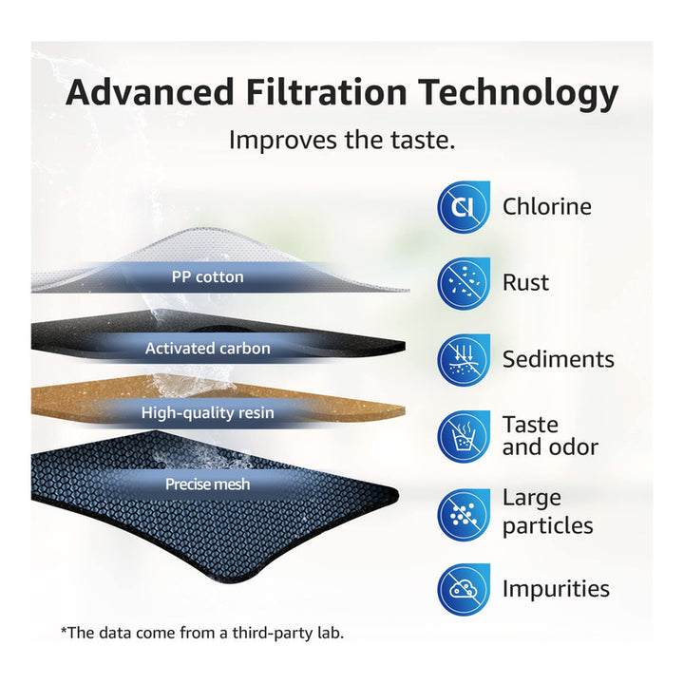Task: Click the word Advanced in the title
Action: (x=150, y=92)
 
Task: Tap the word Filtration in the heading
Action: (x=326, y=92)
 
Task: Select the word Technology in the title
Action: (x=519, y=95)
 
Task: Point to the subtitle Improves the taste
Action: (x=342, y=140)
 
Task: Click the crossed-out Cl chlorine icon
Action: (x=464, y=206)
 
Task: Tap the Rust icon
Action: (x=464, y=283)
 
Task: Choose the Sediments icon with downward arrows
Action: (x=464, y=360)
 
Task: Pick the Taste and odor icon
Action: (x=464, y=436)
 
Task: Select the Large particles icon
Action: (x=464, y=514)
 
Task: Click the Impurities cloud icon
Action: (x=464, y=589)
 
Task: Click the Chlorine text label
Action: (x=547, y=206)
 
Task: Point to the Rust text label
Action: (x=525, y=283)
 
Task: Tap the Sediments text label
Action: (x=559, y=359)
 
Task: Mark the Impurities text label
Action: (x=556, y=590)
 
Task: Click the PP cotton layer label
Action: (x=208, y=277)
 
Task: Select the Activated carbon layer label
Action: (x=208, y=349)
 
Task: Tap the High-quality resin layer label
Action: (x=208, y=412)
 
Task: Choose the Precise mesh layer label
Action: (x=208, y=484)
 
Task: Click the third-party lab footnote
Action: (x=202, y=633)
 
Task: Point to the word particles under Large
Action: (x=548, y=526)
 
